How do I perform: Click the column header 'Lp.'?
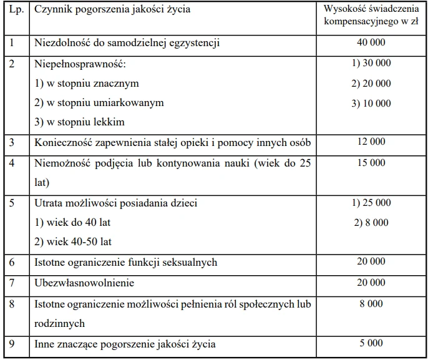(x=16, y=10)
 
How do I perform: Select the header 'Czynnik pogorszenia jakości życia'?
(x=112, y=10)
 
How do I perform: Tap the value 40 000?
(x=371, y=42)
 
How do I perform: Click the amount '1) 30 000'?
(x=371, y=63)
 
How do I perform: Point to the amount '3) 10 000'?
(x=371, y=104)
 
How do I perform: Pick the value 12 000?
(x=371, y=142)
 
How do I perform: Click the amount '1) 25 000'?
(x=371, y=202)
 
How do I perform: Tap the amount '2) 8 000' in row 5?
(x=371, y=222)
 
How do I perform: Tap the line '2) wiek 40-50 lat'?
(x=73, y=242)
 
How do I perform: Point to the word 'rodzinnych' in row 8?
(x=59, y=323)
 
